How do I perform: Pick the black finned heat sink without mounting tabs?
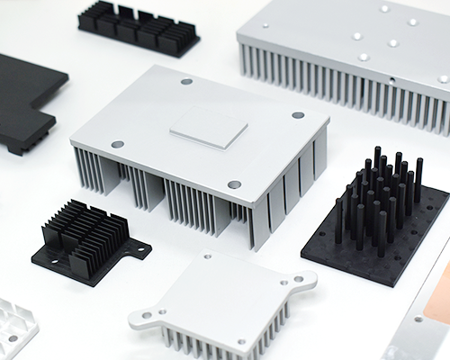139,28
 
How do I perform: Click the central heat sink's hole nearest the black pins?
298,115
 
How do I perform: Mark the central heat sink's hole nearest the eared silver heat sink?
234,184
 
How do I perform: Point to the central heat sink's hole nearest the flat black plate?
117,143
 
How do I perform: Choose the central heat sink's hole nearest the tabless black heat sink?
186,81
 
